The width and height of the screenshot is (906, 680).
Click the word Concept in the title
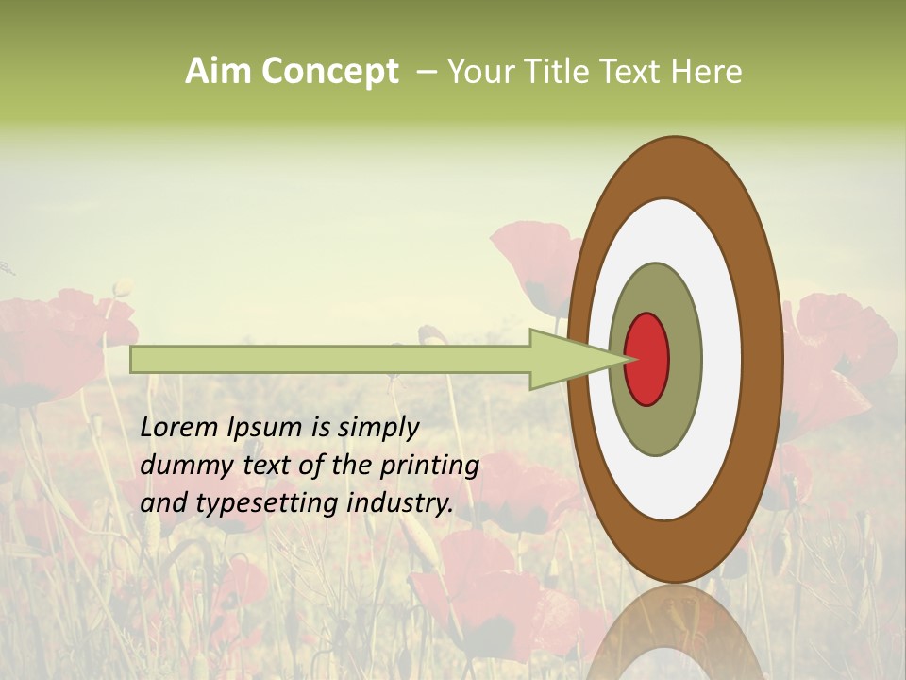(x=329, y=73)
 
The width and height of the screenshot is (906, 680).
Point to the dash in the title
(x=426, y=72)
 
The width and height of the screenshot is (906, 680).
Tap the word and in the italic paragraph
(x=162, y=503)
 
